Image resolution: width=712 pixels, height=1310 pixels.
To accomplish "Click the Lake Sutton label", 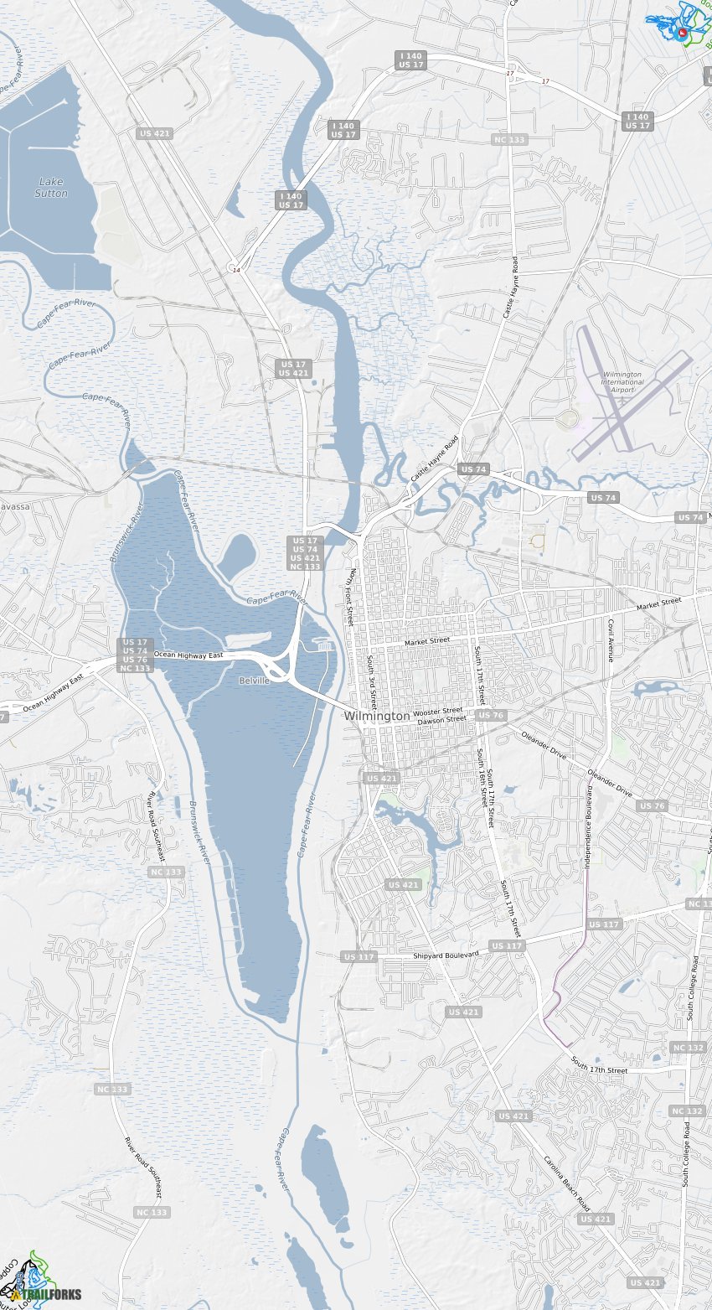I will (x=51, y=188).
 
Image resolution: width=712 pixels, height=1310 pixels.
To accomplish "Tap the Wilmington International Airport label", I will (x=622, y=382).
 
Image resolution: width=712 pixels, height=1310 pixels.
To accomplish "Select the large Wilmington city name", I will (x=377, y=717).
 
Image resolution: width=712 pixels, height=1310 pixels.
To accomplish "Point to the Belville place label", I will (x=254, y=681).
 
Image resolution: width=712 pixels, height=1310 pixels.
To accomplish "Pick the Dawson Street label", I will (x=441, y=720).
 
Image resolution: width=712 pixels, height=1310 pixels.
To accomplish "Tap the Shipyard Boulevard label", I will (x=446, y=955).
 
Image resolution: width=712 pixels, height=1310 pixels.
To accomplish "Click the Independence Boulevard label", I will (x=589, y=826).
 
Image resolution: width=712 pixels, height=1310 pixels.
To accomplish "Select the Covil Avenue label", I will (x=611, y=641).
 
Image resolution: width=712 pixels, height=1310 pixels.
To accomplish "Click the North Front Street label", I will (x=352, y=598).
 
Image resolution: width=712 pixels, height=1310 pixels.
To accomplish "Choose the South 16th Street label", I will (x=482, y=777).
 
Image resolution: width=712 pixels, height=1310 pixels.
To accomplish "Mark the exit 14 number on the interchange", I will (x=236, y=270).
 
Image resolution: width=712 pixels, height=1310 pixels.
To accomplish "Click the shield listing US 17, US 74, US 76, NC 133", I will (x=136, y=655).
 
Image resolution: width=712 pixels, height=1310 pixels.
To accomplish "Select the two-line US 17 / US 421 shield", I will (x=294, y=369).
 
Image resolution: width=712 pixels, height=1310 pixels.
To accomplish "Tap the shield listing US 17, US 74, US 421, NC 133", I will (x=306, y=554).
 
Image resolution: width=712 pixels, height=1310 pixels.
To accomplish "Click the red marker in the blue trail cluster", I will (x=683, y=32).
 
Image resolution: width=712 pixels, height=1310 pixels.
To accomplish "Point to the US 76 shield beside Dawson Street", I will (x=491, y=715).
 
